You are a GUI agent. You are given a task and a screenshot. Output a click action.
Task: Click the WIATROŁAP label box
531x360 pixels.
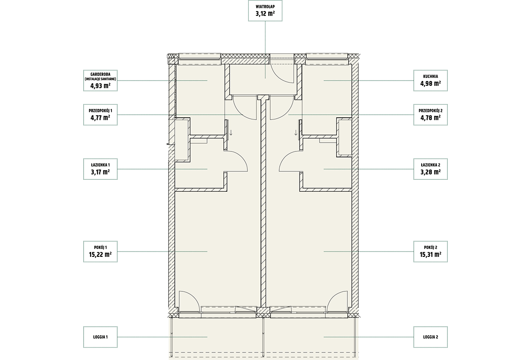(265, 11)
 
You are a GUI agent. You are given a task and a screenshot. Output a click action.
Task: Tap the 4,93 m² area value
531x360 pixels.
(100, 85)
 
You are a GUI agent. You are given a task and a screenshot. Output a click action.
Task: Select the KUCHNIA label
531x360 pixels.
(431, 76)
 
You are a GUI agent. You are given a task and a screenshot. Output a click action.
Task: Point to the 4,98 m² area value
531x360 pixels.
(431, 83)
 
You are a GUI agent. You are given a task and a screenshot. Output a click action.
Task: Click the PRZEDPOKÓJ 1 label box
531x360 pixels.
(100, 115)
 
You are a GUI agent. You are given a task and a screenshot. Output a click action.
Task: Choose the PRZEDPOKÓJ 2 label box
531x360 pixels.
(431, 115)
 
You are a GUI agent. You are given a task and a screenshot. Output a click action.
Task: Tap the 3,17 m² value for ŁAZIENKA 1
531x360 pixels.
(100, 172)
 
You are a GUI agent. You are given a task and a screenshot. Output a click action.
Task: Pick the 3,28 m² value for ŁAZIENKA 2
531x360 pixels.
(431, 172)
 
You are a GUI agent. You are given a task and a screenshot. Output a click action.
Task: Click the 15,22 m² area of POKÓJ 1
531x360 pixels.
(100, 255)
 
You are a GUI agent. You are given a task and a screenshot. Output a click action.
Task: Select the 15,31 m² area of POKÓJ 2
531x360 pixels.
(431, 255)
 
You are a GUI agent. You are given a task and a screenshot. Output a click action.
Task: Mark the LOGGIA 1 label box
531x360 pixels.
(100, 337)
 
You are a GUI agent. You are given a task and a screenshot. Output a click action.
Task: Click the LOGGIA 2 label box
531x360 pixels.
(431, 337)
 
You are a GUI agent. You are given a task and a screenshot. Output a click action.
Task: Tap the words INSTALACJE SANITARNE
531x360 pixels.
(100, 79)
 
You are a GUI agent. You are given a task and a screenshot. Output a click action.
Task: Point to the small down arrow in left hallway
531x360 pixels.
(231, 132)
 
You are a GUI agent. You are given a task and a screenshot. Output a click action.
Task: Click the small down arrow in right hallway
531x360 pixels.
(296, 132)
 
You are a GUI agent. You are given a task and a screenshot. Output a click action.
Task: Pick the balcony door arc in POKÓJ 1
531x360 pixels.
(192, 296)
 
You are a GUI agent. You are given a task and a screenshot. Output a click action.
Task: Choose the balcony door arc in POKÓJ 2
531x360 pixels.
(334, 296)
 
